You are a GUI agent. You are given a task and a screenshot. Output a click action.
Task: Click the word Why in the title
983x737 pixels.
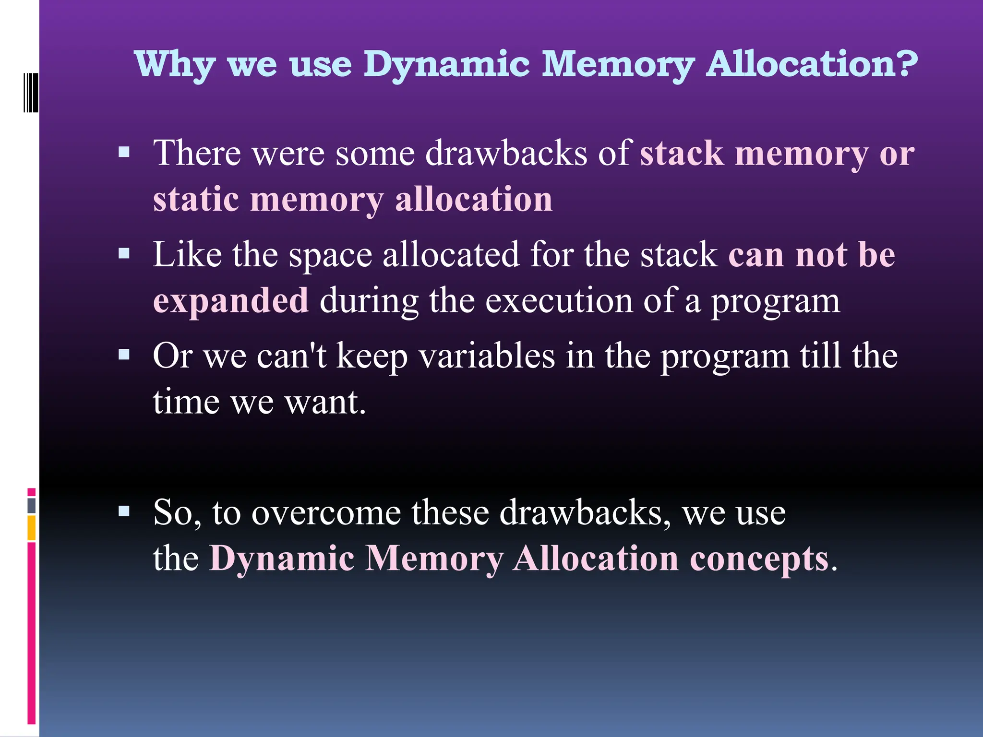pos(175,65)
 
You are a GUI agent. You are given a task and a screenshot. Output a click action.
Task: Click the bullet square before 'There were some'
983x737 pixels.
pos(124,153)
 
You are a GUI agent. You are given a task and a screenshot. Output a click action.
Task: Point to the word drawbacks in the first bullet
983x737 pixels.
pos(506,154)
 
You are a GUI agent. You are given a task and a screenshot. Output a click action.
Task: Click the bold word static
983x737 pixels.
pos(196,199)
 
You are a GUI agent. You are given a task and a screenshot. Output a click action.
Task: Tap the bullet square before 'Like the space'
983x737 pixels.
pos(124,253)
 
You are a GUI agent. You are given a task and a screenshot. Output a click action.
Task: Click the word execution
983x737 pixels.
pos(559,301)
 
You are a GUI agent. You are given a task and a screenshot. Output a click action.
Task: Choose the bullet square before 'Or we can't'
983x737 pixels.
pos(124,355)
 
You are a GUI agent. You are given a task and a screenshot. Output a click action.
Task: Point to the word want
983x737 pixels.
pos(325,402)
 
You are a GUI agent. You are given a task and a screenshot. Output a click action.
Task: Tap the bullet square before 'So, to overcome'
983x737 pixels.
pos(124,511)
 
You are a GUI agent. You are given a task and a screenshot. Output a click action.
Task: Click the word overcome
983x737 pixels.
pos(326,513)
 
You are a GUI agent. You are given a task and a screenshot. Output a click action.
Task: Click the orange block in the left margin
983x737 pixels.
pos(31,528)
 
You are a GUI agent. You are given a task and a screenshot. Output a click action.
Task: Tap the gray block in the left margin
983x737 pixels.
pos(31,506)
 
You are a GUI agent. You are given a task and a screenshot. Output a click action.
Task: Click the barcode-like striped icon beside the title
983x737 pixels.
pos(31,92)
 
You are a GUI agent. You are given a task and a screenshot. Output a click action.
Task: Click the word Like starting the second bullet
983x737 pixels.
pos(187,254)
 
